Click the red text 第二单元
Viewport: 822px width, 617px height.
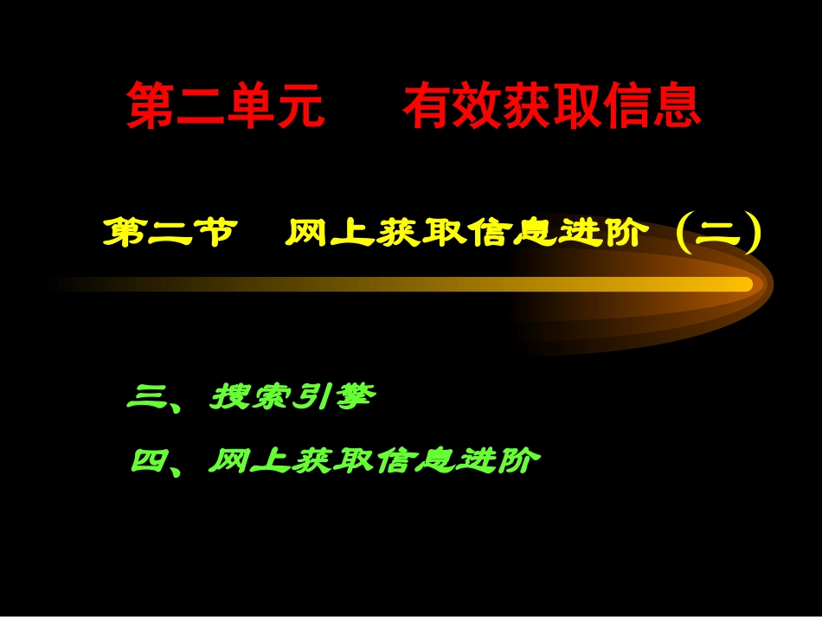pyautogui.click(x=227, y=106)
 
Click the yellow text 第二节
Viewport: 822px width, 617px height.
pyautogui.click(x=169, y=234)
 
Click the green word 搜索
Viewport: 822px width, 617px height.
pyautogui.click(x=251, y=399)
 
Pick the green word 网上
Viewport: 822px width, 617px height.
pyautogui.click(x=249, y=460)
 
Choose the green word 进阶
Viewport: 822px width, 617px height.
pyautogui.click(x=500, y=460)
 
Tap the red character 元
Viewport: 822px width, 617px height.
pyautogui.click(x=301, y=106)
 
